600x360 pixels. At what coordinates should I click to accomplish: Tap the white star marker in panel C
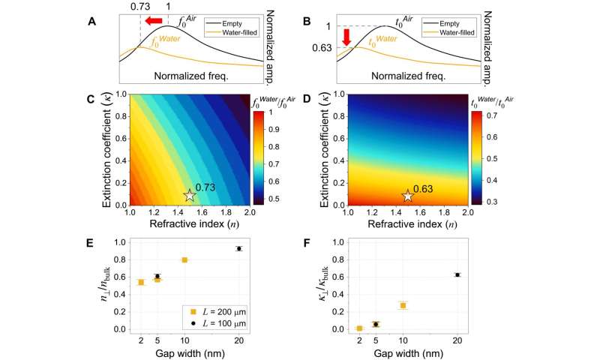[x=189, y=195]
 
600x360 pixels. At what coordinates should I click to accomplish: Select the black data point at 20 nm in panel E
[x=239, y=248]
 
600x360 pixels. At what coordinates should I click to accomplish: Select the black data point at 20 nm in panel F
[x=457, y=274]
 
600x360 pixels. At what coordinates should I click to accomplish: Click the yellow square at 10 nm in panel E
[x=184, y=259]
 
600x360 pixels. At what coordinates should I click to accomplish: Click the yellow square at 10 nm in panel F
[x=402, y=305]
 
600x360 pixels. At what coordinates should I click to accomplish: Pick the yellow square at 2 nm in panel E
[x=141, y=282]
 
